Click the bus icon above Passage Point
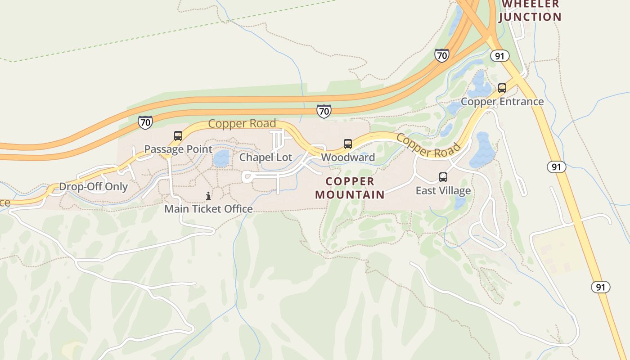(178, 136)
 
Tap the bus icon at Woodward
(348, 144)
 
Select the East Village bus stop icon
(443, 177)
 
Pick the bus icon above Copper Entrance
(502, 88)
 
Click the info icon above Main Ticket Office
(208, 196)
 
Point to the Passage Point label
(178, 149)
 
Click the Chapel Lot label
(265, 157)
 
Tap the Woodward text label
(348, 157)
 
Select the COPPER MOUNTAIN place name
(350, 188)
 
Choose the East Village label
(443, 191)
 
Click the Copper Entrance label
(502, 102)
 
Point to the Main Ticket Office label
(208, 209)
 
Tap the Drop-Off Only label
(94, 187)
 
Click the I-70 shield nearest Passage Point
(145, 122)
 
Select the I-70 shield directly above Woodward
(324, 111)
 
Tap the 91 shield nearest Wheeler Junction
(499, 56)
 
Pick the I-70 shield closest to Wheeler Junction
(442, 55)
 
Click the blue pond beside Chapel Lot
(221, 158)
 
